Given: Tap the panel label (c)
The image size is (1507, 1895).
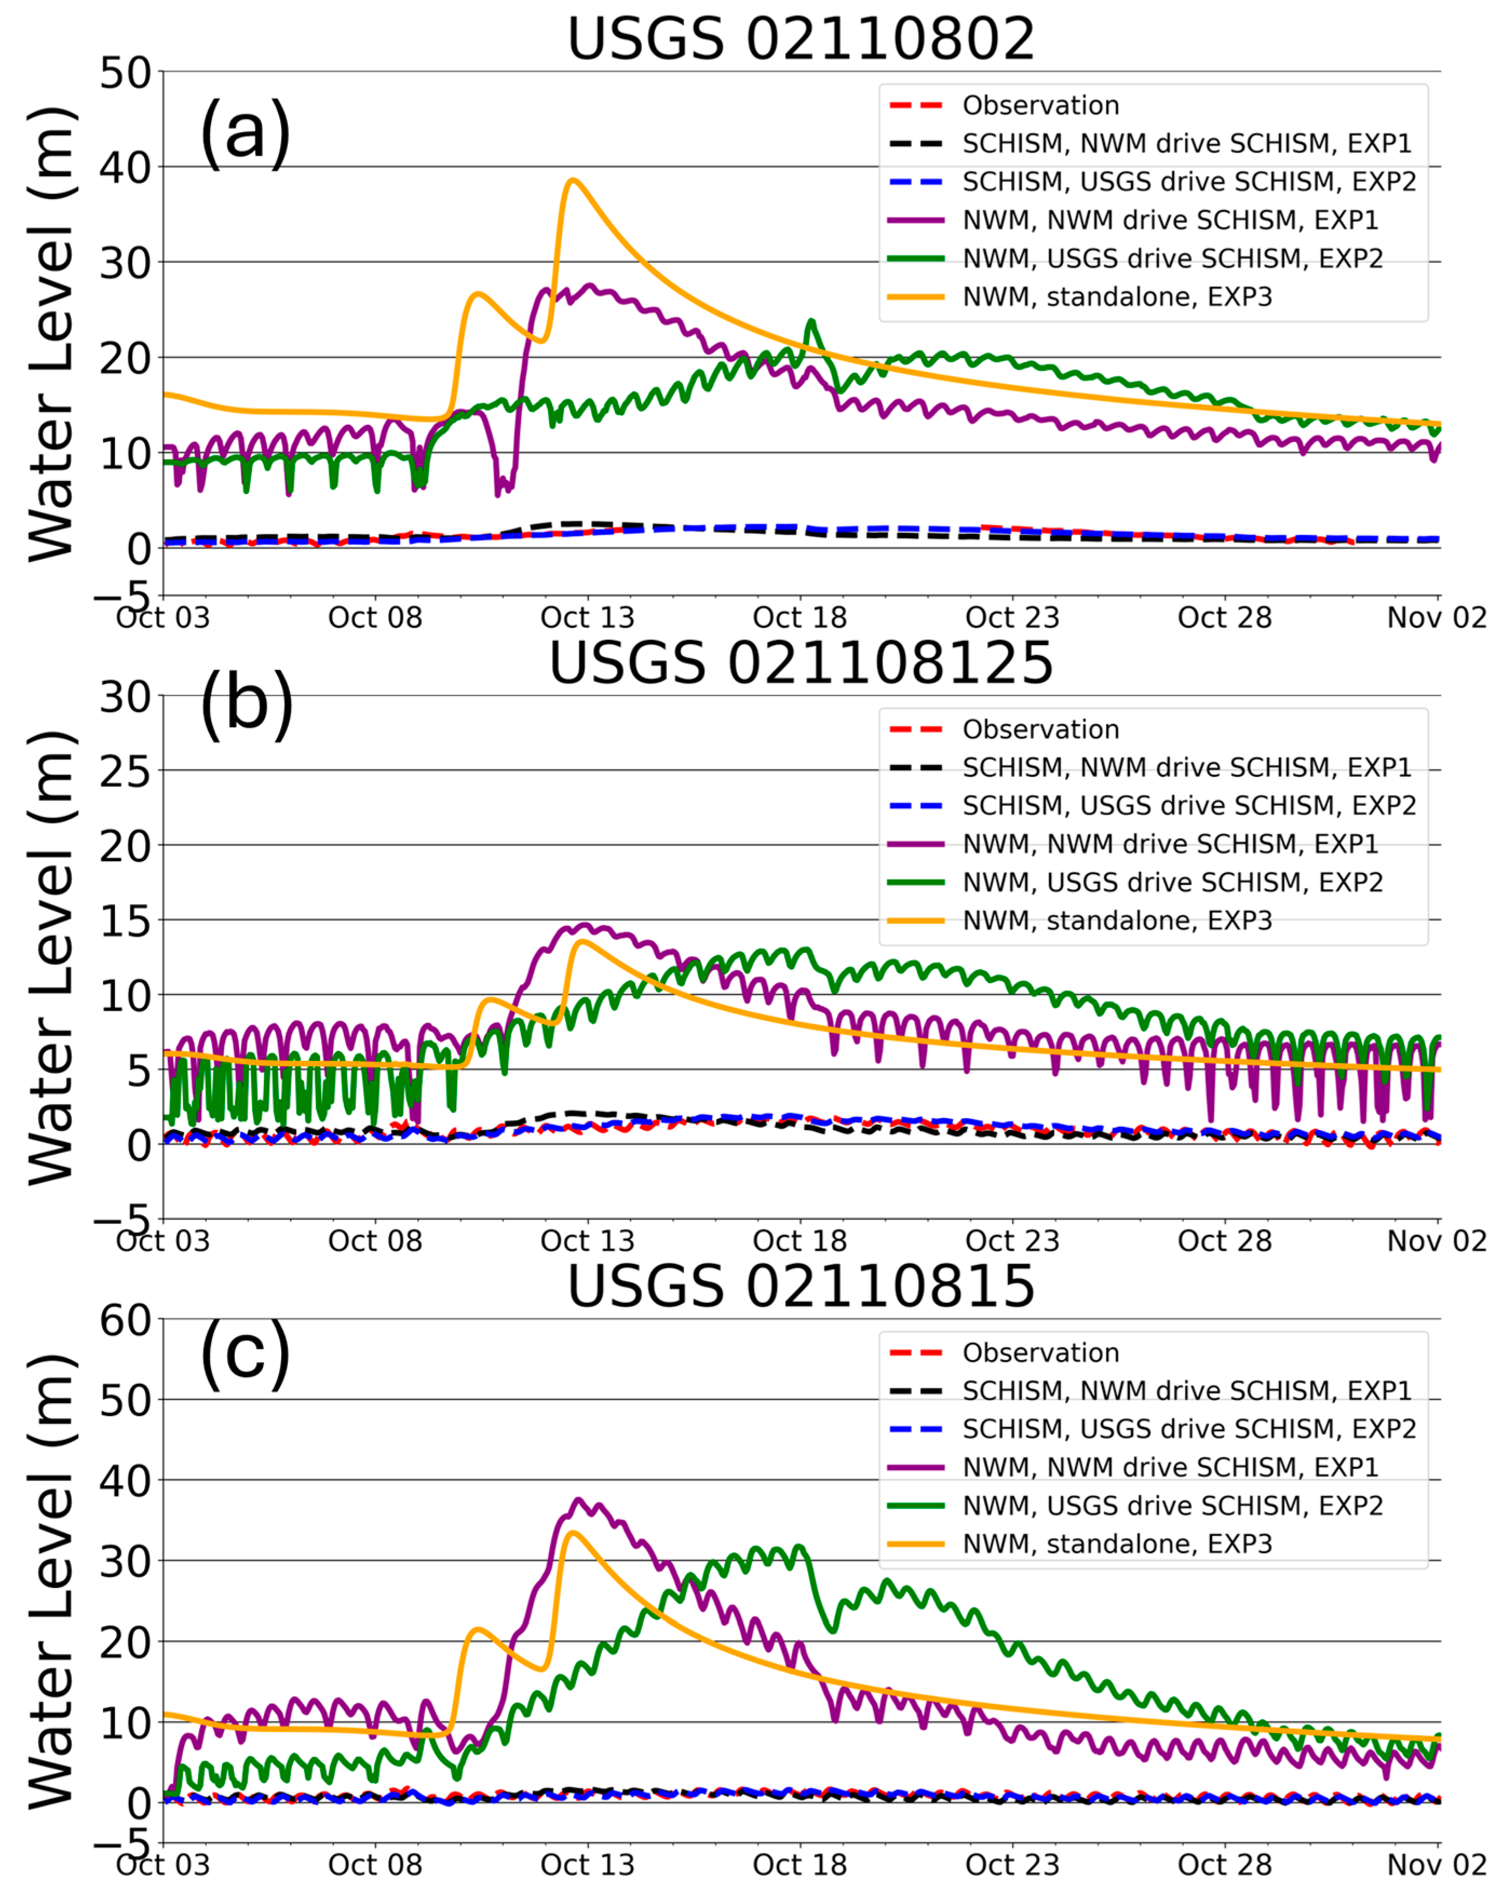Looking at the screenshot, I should tap(245, 1353).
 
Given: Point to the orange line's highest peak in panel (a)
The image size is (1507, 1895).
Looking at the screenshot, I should tap(573, 180).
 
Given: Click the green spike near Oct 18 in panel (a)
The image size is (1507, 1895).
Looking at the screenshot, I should tap(811, 322).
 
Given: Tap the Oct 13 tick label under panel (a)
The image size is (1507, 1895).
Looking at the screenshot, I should tap(587, 617).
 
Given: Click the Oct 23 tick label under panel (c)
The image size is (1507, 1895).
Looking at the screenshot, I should tap(1012, 1864).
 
